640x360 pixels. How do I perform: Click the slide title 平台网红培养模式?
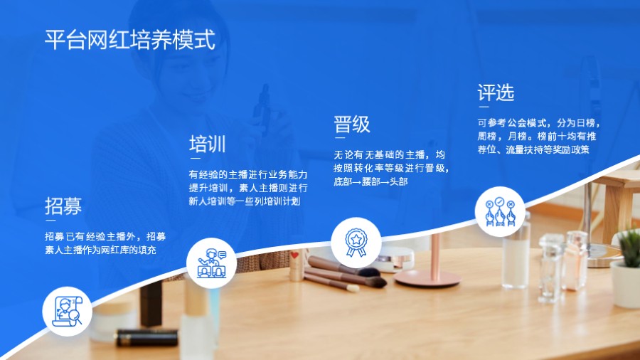coord(129,39)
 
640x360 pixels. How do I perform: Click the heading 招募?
coord(63,206)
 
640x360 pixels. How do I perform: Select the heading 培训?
coord(207,144)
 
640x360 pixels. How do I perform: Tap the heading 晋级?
coord(352,125)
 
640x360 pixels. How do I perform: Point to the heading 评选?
coord(496,92)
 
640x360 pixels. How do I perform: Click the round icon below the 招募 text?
coord(68,310)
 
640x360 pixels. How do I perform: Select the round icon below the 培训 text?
coord(211,262)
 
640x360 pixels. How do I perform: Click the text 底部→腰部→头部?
coord(370,181)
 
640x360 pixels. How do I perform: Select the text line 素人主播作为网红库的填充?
coord(100,250)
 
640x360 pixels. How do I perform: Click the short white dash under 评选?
coord(483,108)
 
